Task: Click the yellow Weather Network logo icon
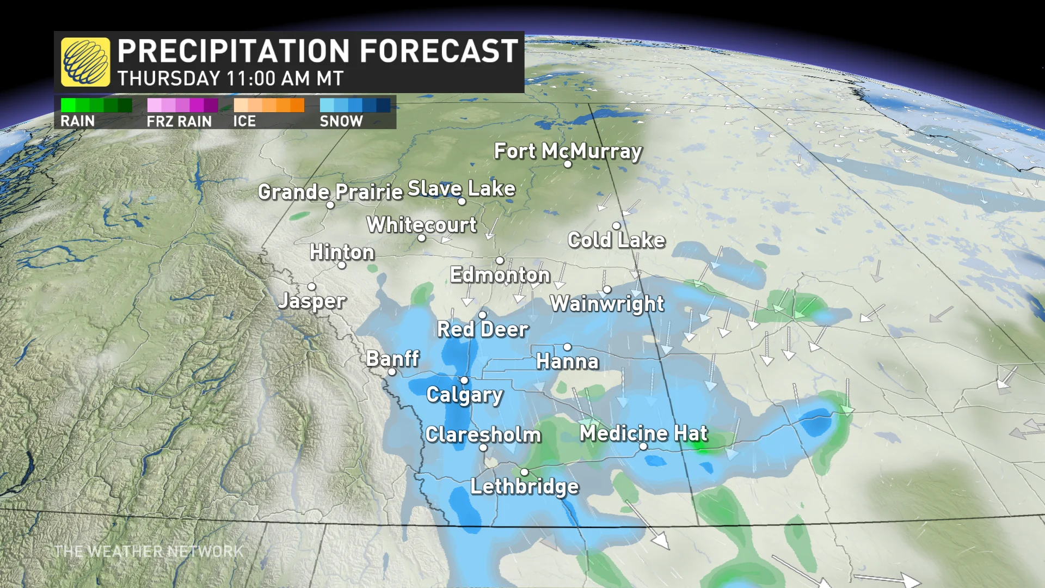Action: pos(85,62)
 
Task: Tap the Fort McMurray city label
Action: pos(568,151)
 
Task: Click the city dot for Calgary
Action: pos(464,381)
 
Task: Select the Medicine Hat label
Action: pos(643,433)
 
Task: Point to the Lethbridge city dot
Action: pos(524,472)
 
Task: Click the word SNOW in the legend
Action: pos(341,121)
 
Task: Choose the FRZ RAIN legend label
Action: pos(179,121)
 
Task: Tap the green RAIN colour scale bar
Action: pos(96,105)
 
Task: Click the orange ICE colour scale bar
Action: pos(269,105)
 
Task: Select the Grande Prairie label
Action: pos(330,192)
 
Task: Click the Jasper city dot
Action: pos(312,286)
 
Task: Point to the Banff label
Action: pos(392,359)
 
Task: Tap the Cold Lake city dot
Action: pos(616,226)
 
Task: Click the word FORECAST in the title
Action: pos(439,51)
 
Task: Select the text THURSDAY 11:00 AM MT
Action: pos(230,79)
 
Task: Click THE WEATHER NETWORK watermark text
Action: pos(149,552)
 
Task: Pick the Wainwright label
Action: pos(607,304)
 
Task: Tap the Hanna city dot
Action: pos(568,347)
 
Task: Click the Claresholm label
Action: pos(483,434)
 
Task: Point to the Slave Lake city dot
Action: pos(462,201)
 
